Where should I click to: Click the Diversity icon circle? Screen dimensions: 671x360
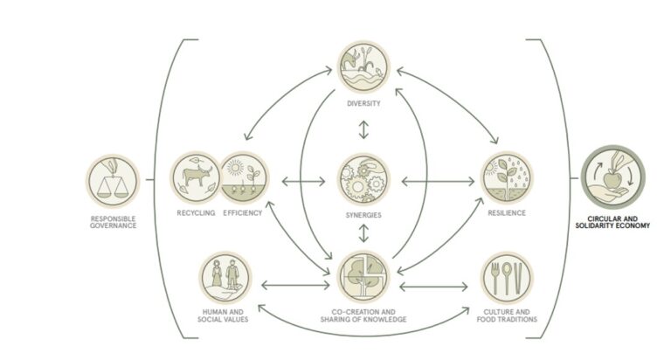[x=363, y=66]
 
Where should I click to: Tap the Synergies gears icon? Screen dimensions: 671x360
[x=363, y=179]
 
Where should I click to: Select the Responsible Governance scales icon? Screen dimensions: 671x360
[x=113, y=181]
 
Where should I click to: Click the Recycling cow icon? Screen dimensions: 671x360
[x=196, y=177]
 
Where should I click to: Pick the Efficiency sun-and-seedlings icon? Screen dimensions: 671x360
[x=244, y=177]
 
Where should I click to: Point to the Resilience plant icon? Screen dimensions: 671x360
[x=507, y=177]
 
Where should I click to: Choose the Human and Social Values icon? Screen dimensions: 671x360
[x=225, y=277]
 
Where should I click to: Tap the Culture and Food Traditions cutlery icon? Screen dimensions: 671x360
[x=507, y=277]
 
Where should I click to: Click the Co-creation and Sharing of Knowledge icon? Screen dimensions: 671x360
[x=363, y=276]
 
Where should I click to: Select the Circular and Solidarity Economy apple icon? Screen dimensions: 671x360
[x=612, y=177]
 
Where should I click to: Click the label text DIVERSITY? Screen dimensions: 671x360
[x=363, y=103]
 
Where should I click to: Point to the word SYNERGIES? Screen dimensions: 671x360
[x=363, y=215]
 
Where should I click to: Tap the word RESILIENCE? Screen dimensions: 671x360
[x=507, y=212]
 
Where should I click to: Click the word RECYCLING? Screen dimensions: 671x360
[x=196, y=212]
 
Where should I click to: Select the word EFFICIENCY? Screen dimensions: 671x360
[x=243, y=212]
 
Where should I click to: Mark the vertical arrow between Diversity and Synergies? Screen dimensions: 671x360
[x=363, y=129]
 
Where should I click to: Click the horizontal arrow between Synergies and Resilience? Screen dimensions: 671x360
[x=439, y=182]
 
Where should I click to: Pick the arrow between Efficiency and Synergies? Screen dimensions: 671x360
[x=303, y=182]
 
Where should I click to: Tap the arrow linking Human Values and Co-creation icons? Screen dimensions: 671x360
[x=295, y=285]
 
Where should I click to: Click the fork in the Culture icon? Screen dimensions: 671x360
[x=495, y=278]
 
